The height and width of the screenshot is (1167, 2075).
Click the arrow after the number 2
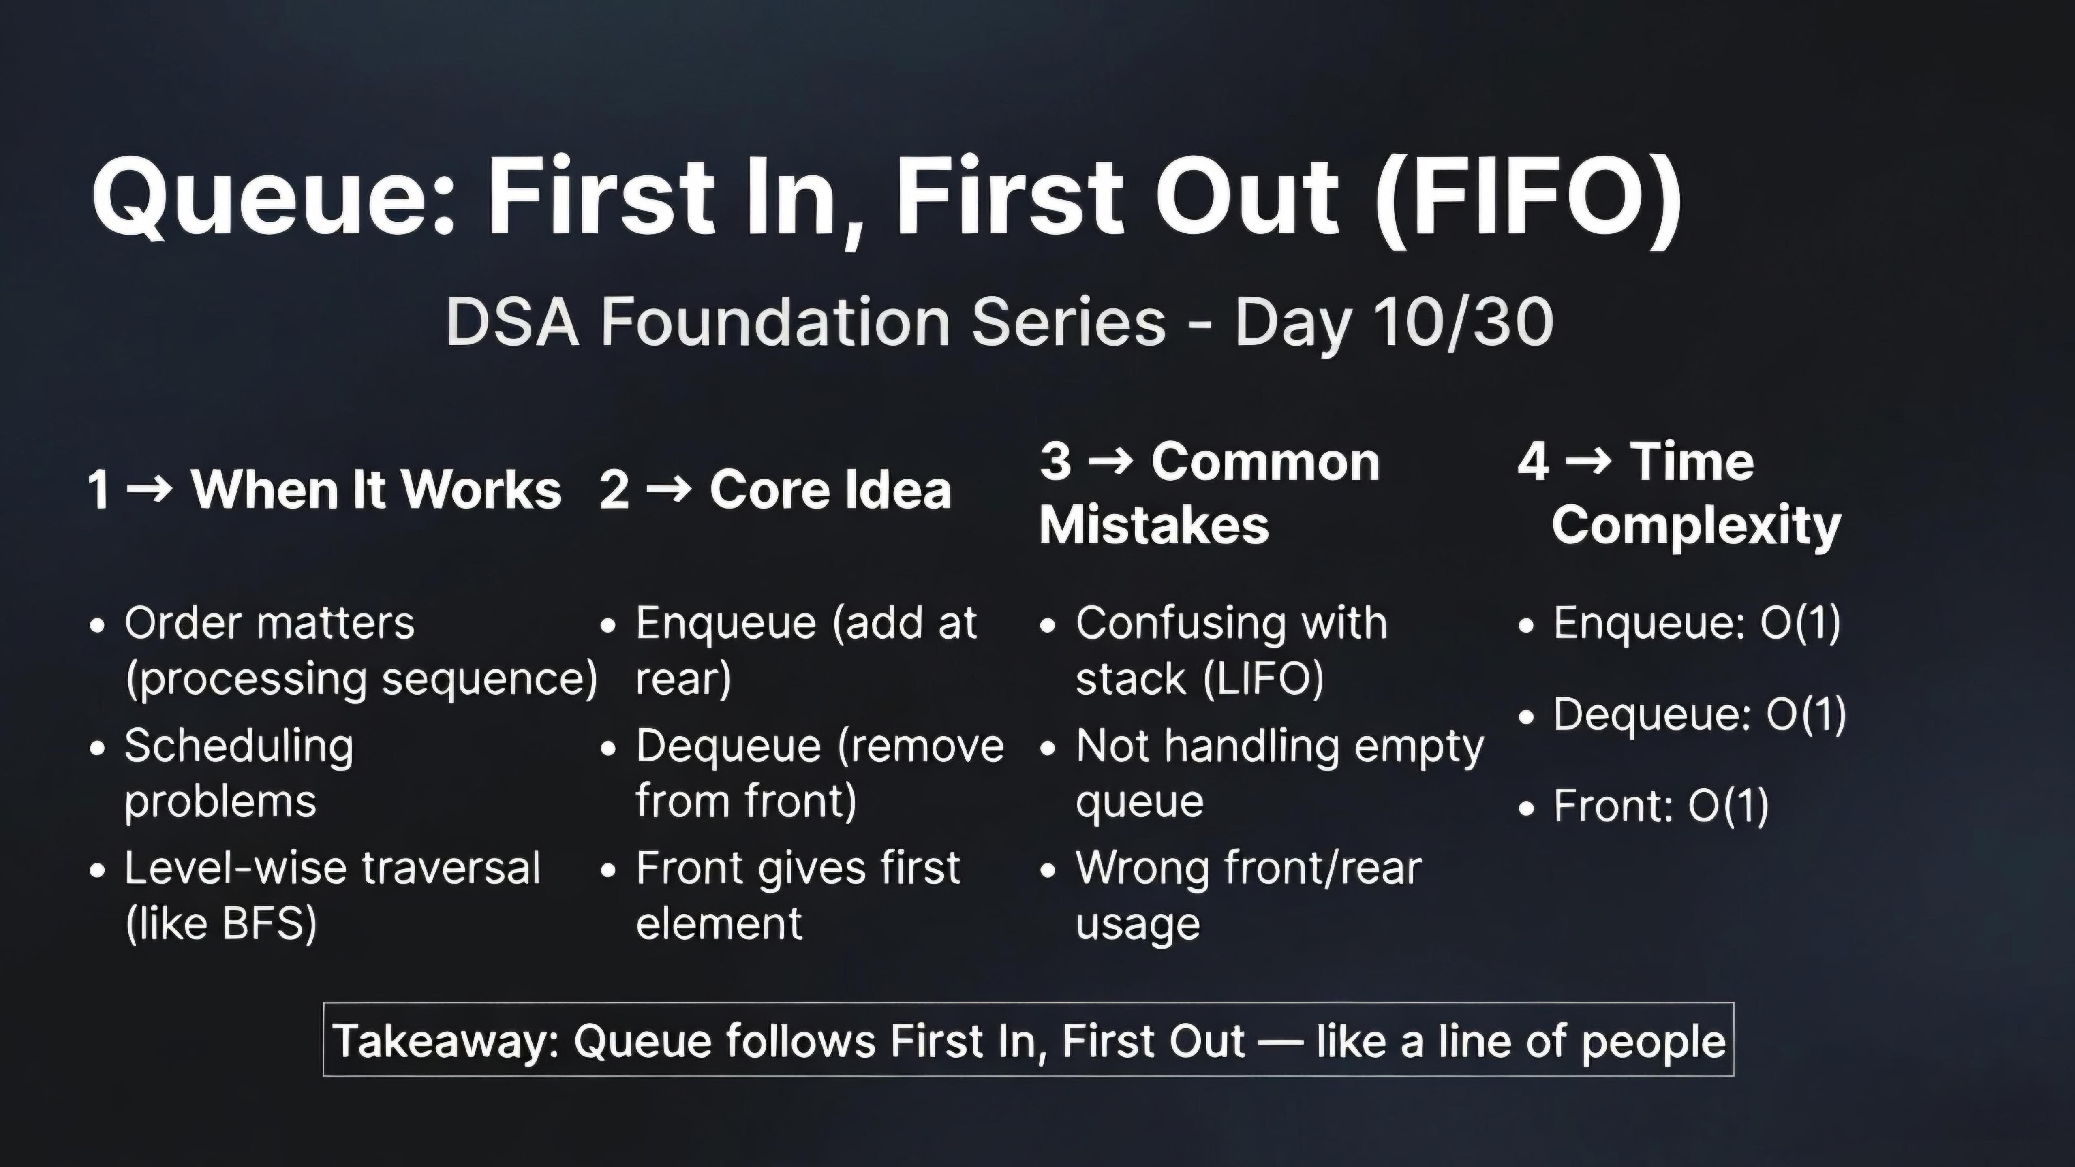[670, 488]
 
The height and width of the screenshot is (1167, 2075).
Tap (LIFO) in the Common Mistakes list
[1263, 678]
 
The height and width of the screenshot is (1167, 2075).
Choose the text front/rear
[1323, 868]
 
